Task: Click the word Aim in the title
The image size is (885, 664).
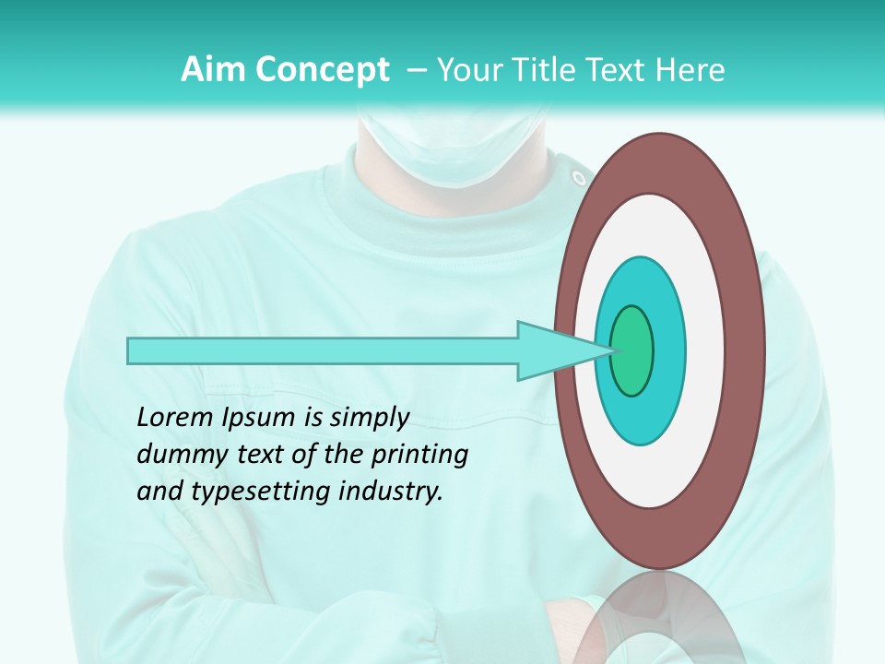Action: (204, 70)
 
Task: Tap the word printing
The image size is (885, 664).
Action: (419, 454)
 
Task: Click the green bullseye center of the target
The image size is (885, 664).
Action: (632, 350)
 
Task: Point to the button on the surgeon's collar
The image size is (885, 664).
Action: (577, 175)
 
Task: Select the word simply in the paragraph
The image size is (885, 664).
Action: (368, 417)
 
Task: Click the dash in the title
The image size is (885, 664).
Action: (416, 70)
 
